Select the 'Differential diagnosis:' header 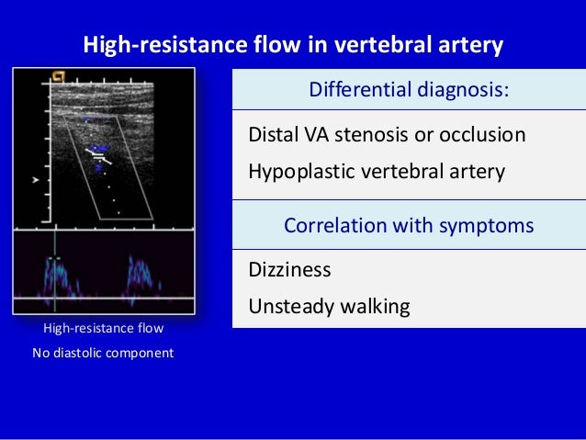[x=409, y=91]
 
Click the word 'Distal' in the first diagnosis [x=272, y=135]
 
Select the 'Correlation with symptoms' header [x=409, y=225]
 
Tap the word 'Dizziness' [x=289, y=270]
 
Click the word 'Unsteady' [x=288, y=306]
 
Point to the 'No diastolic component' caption [x=103, y=352]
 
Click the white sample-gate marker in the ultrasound [x=99, y=155]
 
